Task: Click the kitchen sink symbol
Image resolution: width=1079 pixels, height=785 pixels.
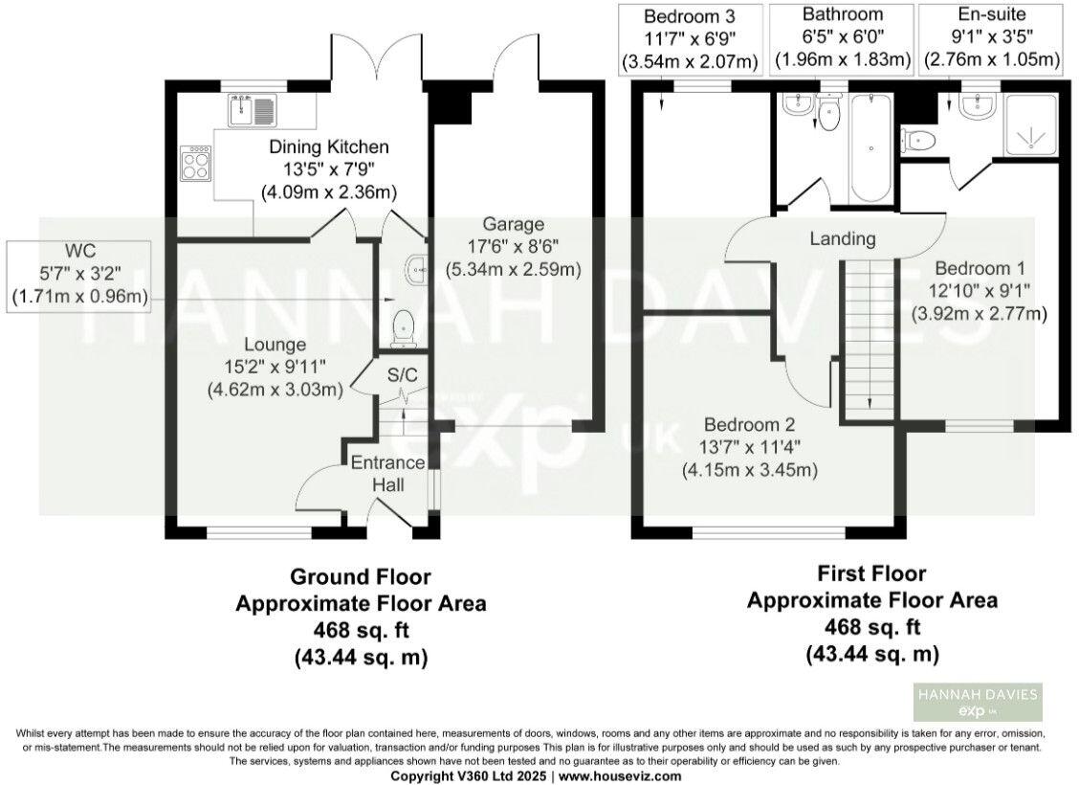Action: point(253,112)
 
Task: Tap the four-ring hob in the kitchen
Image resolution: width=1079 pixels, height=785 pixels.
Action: point(194,164)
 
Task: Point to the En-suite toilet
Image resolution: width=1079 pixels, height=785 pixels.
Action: point(918,141)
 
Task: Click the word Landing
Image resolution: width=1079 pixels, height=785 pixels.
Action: point(841,237)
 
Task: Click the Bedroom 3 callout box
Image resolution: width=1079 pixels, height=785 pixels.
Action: point(690,39)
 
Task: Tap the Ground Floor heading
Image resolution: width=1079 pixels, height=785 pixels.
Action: point(360,576)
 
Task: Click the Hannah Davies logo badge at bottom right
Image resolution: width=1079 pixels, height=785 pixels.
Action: point(977,705)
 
